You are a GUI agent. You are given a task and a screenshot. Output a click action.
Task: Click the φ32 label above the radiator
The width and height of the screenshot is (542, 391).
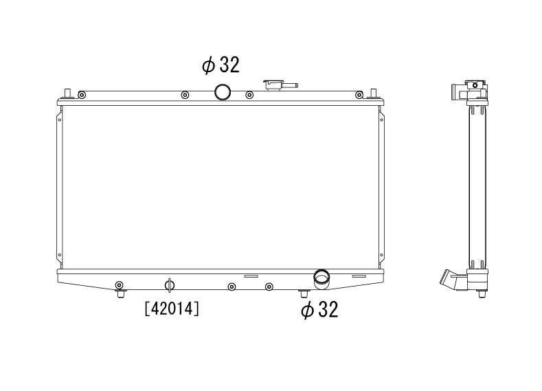pos(221,66)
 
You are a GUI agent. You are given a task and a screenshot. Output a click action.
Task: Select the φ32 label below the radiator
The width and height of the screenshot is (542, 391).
pos(319,311)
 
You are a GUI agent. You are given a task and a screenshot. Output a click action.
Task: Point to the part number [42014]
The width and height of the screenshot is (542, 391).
pos(172,309)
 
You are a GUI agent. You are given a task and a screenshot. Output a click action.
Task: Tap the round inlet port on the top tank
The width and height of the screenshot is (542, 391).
pos(223,91)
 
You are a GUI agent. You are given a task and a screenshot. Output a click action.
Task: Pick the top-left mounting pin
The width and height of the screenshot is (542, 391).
pos(67,93)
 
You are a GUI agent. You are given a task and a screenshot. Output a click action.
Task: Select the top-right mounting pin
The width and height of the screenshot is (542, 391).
pos(373,93)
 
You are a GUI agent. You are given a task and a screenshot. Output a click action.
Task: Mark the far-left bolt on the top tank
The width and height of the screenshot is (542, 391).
pos(82,95)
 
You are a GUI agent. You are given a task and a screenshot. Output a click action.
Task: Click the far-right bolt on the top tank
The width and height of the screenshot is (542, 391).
pos(359,95)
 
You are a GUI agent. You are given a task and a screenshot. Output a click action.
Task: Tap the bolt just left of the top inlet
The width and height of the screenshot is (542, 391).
pos(184,95)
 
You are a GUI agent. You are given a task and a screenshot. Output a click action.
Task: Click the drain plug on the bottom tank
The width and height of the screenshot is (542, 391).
pos(170,284)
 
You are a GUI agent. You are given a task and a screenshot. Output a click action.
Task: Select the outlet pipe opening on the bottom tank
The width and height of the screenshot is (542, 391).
pos(321,278)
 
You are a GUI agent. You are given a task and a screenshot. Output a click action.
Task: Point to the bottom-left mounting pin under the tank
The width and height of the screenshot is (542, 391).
pos(120,293)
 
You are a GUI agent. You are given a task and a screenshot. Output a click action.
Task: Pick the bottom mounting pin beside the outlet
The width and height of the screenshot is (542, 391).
pos(304,293)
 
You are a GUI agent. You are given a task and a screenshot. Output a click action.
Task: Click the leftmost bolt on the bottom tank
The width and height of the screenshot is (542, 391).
pos(120,285)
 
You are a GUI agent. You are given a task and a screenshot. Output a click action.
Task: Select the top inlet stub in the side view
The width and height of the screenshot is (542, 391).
pos(456,92)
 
